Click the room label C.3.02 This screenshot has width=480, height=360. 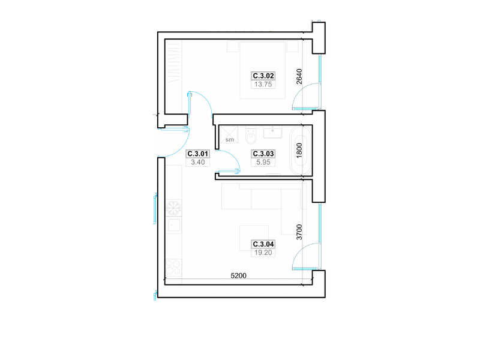click(263, 76)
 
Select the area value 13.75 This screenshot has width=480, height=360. click(263, 85)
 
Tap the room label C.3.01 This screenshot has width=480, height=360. click(198, 154)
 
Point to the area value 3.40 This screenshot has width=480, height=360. click(198, 162)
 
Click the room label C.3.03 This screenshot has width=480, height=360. click(263, 154)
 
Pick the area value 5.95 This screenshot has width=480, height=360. click(263, 162)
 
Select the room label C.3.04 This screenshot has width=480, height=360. click(263, 244)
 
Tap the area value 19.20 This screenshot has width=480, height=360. click(263, 253)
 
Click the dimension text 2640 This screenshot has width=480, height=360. click(299, 77)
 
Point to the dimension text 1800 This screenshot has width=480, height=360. click(299, 151)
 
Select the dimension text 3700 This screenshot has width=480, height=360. click(299, 232)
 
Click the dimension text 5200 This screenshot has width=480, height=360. click(238, 275)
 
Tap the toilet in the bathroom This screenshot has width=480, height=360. click(251, 136)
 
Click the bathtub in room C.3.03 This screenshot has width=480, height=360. click(301, 151)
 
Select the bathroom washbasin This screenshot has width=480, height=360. click(272, 132)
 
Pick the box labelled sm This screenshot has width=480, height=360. click(229, 134)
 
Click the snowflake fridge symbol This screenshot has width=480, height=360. click(173, 208)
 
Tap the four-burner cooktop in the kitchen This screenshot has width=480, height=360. click(173, 267)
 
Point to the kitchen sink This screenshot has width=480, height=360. click(173, 226)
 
